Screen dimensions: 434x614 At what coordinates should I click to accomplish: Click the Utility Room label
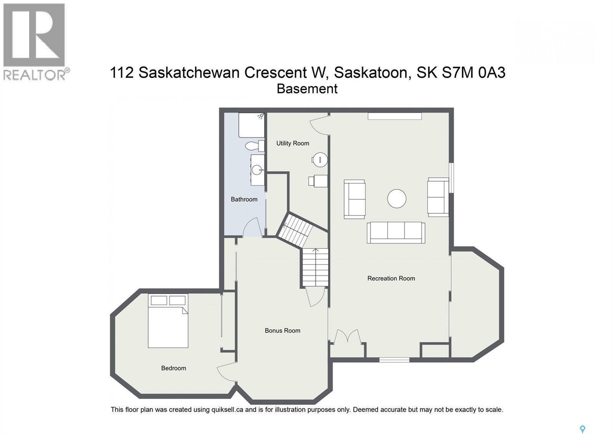pyautogui.click(x=292, y=143)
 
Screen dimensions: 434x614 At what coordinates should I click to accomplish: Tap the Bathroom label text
pyautogui.click(x=244, y=199)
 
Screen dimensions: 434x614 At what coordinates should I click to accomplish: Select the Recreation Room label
pyautogui.click(x=391, y=278)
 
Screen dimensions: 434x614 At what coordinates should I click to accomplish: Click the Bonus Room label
pyautogui.click(x=282, y=331)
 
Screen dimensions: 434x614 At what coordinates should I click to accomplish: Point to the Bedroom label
pyautogui.click(x=173, y=368)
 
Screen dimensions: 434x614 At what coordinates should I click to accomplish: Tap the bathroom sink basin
pyautogui.click(x=257, y=169)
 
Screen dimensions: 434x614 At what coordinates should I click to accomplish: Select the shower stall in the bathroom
pyautogui.click(x=251, y=125)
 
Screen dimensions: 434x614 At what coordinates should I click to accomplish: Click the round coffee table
pyautogui.click(x=396, y=199)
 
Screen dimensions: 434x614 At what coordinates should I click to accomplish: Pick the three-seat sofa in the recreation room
pyautogui.click(x=396, y=232)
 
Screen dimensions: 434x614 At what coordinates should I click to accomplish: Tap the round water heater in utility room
pyautogui.click(x=319, y=160)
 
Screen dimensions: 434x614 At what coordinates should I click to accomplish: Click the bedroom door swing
pyautogui.click(x=226, y=372)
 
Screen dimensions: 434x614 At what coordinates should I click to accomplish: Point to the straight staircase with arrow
pyautogui.click(x=315, y=267)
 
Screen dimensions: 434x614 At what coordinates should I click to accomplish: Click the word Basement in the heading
pyautogui.click(x=307, y=89)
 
